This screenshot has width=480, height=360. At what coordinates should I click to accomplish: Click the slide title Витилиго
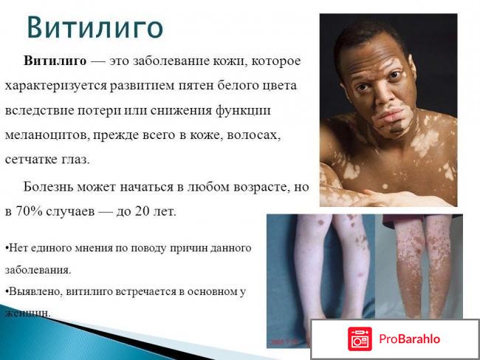coord(95,27)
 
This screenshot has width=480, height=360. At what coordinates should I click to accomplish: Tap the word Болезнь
coord(51,186)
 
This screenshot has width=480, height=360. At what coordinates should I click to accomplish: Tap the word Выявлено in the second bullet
coord(27,291)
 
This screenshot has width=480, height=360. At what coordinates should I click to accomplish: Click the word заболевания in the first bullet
coord(38,270)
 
